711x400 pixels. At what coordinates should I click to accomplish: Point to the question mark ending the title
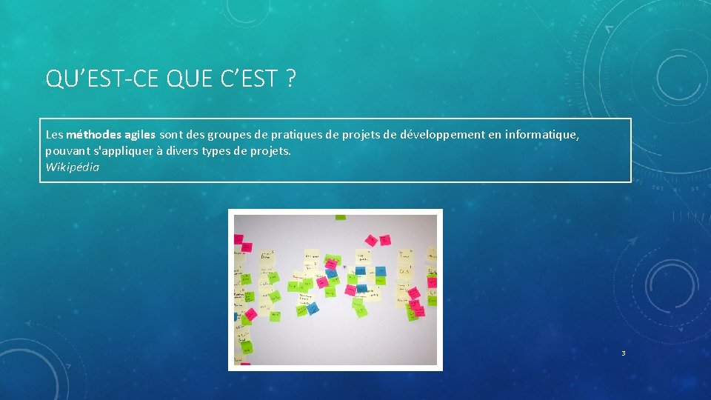[289, 78]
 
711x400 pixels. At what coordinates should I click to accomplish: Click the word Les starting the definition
[54, 136]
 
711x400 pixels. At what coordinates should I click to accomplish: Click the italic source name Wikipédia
[72, 167]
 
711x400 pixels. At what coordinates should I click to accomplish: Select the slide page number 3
[623, 353]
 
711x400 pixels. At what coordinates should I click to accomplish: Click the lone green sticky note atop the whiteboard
[340, 218]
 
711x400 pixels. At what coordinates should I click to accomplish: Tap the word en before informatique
[497, 136]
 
